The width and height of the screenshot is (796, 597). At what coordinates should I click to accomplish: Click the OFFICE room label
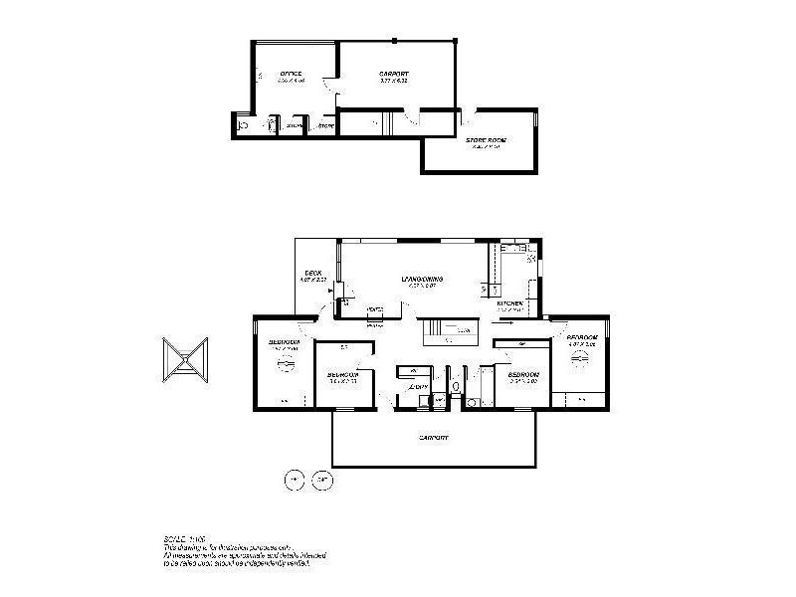292,74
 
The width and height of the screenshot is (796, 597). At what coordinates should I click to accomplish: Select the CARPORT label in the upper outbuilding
394,74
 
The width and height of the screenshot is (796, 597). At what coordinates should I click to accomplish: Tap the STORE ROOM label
486,141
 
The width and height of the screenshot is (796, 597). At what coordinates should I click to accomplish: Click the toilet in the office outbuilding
244,125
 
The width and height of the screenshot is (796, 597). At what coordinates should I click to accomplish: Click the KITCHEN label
510,302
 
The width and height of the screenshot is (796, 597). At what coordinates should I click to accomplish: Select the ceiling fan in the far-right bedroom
582,359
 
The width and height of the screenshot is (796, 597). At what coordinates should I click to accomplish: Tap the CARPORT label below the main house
434,437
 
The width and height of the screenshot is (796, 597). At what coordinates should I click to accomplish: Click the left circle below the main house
294,478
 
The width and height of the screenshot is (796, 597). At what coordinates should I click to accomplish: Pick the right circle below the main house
320,478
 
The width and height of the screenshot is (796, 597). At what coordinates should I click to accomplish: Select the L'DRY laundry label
420,386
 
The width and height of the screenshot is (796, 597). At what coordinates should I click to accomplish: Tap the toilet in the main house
455,386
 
